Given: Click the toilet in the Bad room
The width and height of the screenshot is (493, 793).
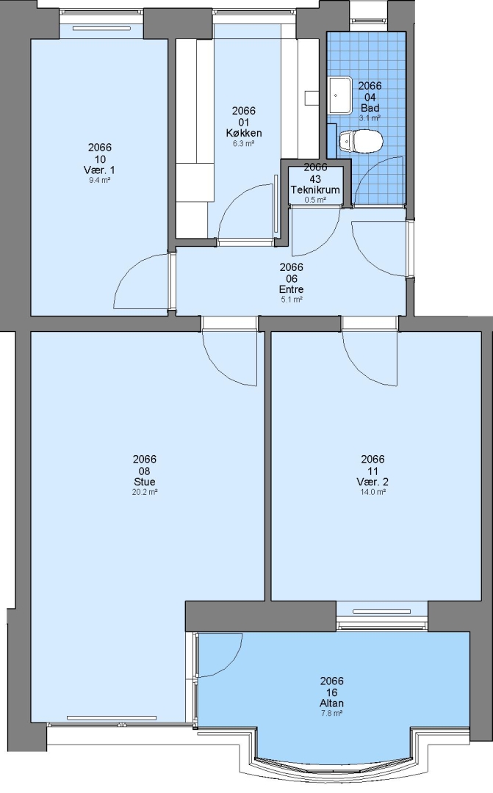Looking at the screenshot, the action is point(361,141).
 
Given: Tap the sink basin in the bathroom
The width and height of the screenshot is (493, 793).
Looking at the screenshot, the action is point(340,95).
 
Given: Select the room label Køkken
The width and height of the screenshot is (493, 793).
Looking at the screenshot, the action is point(244,133).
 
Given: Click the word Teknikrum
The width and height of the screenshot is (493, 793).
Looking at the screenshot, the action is point(315,189).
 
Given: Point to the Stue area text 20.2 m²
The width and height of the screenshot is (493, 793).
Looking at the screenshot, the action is point(145,491).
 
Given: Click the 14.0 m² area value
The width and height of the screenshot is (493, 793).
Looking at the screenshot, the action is point(373,491).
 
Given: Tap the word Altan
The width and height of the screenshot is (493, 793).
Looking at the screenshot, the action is point(332,703).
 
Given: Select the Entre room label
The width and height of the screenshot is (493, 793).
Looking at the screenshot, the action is point(292,289).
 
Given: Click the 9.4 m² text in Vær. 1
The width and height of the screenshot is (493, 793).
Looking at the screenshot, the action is point(100,180).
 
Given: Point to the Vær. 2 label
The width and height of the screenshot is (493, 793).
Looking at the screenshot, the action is point(373,482).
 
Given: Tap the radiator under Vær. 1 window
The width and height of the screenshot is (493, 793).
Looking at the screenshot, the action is point(101,29).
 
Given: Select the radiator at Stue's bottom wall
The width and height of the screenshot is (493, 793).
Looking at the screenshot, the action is point(112,717).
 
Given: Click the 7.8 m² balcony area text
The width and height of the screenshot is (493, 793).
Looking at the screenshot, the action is point(332,714).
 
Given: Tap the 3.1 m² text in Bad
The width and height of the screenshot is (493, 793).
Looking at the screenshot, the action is point(370,118).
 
